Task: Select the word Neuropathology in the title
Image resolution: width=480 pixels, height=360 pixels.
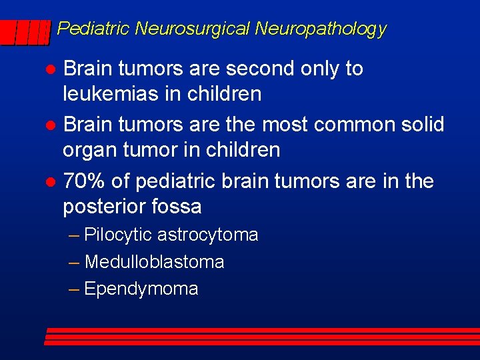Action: click(320, 29)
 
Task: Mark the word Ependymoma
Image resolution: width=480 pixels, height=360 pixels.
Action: click(141, 289)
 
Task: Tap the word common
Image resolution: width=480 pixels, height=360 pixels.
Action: click(342, 125)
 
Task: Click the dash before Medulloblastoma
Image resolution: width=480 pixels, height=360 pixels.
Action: click(75, 262)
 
